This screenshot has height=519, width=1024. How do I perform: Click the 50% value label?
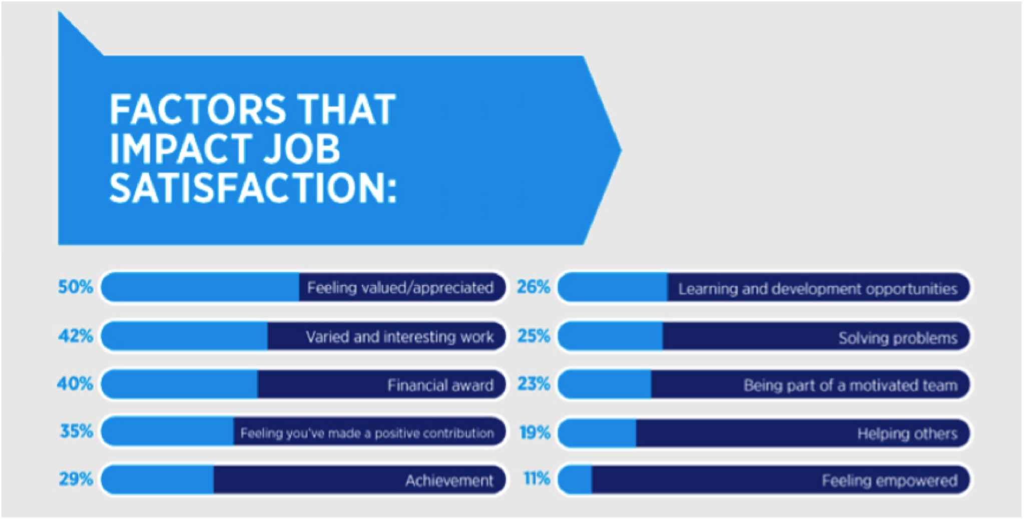76,287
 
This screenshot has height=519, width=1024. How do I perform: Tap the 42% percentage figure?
76,336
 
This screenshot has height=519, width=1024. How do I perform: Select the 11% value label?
537,479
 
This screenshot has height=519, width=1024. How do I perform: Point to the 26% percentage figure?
534,287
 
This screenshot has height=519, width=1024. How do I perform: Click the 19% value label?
535,432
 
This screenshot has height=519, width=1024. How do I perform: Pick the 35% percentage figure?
77,431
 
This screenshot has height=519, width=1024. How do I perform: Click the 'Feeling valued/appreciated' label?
400,288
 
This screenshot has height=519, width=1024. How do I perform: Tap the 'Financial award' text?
440,385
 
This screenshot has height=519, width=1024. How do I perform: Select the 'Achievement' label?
449,480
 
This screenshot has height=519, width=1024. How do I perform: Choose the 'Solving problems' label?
898,338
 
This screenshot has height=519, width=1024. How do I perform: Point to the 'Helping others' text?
907,433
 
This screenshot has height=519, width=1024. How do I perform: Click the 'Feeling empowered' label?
890,481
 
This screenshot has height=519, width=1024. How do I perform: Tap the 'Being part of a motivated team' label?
850,385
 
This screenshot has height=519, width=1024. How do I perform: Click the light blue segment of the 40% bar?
179,384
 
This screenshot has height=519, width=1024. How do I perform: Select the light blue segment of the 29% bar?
157,479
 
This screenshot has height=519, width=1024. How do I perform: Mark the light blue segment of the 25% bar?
611,336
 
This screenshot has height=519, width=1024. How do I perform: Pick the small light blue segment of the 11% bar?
575,479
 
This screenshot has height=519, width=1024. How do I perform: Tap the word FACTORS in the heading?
198,109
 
